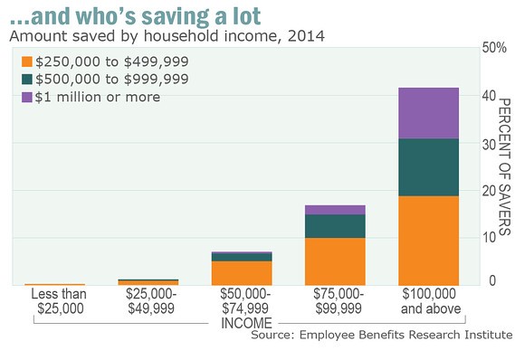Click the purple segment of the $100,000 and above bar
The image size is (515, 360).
click(x=428, y=113)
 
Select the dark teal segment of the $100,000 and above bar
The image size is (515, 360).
click(x=428, y=167)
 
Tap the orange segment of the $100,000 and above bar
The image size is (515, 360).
click(x=428, y=241)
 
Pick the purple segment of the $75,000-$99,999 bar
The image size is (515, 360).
click(x=335, y=210)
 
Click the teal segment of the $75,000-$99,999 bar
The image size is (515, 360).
click(x=335, y=226)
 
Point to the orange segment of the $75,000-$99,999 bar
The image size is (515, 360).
click(x=335, y=261)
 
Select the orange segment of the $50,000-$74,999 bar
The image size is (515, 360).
click(x=242, y=273)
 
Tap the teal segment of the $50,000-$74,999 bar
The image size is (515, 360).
click(x=242, y=257)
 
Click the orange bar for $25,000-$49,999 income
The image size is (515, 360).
click(x=148, y=283)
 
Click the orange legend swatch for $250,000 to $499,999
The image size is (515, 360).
click(x=27, y=62)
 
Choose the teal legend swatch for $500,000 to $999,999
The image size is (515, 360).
click(x=27, y=79)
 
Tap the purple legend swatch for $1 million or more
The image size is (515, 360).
click(x=27, y=97)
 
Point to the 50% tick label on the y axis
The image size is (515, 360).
click(x=494, y=48)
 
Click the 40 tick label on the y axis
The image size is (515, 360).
click(x=489, y=96)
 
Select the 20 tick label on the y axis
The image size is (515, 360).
click(x=489, y=191)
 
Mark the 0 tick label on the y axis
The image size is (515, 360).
click(x=492, y=280)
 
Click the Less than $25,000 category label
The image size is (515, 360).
click(x=59, y=301)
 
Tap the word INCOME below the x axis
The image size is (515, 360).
click(x=246, y=323)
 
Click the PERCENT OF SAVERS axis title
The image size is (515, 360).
click(x=505, y=166)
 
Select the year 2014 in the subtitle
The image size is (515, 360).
click(x=306, y=36)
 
